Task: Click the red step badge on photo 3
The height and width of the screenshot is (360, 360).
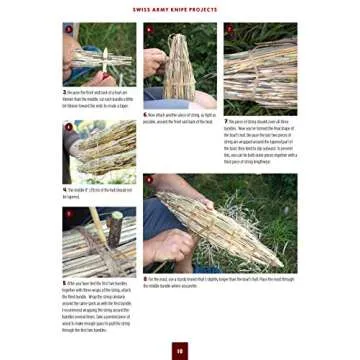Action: click(x=67, y=29)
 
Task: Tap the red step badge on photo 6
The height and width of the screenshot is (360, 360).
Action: click(x=149, y=29)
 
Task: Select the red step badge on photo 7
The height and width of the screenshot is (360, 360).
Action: click(x=229, y=29)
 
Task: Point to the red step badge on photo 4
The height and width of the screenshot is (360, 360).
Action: click(x=67, y=127)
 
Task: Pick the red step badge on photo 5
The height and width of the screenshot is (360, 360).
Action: click(x=67, y=212)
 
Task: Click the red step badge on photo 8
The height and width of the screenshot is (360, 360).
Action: click(x=149, y=180)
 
